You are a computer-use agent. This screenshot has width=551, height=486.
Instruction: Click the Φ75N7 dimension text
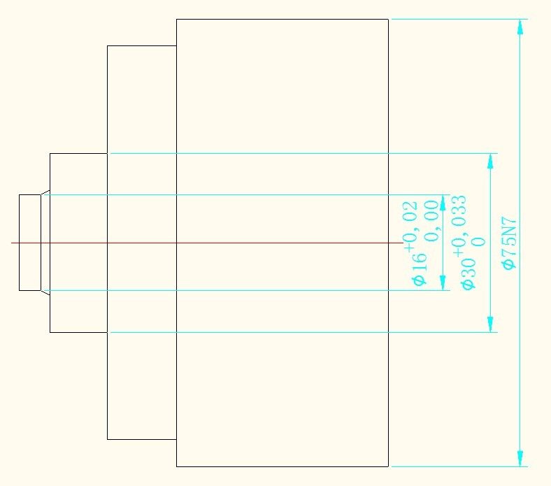pos(510,243)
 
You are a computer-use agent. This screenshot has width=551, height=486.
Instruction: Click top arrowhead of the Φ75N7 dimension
pos(520,27)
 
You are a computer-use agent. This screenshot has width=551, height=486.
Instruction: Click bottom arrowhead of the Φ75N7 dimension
pos(520,458)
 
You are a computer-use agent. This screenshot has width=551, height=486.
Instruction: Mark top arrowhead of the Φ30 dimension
pos(490,161)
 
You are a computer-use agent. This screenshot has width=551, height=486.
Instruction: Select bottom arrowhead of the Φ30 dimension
pos(490,324)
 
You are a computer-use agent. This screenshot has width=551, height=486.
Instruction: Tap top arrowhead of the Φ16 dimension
pos(443,202)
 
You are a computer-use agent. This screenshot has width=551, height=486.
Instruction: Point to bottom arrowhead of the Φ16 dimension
pos(443,283)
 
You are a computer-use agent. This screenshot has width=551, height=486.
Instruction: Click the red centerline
pos(210,243)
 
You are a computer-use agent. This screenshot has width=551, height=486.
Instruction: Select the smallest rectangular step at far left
pos(29,243)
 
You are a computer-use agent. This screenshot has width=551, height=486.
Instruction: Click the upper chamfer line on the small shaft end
pos(45,192)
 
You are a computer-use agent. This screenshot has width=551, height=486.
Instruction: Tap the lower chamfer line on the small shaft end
pos(45,293)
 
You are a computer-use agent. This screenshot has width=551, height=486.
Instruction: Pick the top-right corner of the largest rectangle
pos(388,19)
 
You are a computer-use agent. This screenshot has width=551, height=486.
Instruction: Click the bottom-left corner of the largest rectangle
pos(176,466)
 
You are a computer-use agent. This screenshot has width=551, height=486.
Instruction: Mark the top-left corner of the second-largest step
pos(107,45)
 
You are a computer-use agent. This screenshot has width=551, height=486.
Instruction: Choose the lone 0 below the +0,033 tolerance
pos(479,242)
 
